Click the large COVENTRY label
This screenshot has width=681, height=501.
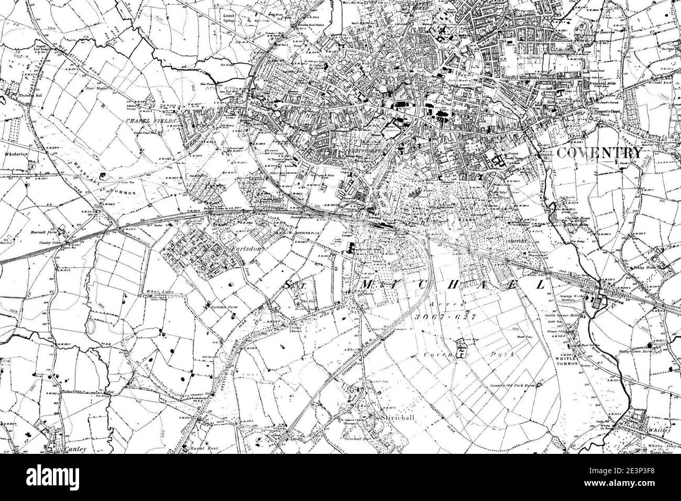[x=598, y=153]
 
